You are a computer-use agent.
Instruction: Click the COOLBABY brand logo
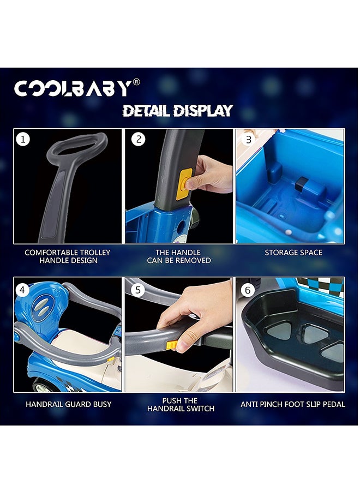point(77,88)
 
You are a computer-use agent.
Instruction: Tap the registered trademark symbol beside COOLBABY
point(136,82)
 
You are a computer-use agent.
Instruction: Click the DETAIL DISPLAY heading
point(177,111)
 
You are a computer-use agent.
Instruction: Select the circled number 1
point(23,139)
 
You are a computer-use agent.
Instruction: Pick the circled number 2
point(139,139)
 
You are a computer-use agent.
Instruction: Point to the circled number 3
point(248,139)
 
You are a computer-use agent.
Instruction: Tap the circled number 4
point(22,290)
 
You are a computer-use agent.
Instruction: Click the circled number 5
point(138,290)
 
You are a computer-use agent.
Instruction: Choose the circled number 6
point(248,290)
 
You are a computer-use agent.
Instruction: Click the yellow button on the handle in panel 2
point(184,184)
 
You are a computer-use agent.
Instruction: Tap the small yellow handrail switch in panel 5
point(172,345)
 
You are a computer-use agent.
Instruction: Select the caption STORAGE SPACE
point(293,253)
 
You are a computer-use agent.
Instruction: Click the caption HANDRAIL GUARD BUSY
point(69,404)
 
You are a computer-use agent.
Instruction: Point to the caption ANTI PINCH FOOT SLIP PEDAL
point(293,404)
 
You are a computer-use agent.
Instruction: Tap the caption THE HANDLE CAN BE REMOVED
point(179,256)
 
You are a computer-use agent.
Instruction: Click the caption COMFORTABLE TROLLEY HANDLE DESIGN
point(68,256)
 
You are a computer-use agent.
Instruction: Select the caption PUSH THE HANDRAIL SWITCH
point(181,404)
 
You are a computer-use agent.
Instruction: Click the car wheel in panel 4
point(44,386)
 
